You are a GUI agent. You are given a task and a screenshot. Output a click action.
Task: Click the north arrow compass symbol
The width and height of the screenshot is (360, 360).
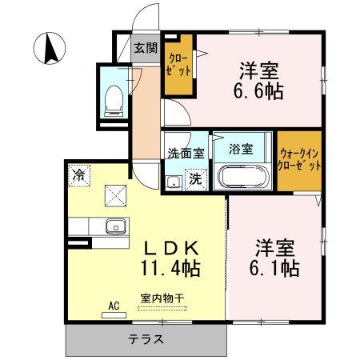point(50,48)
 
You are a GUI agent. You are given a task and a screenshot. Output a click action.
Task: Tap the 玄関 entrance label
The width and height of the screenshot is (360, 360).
point(146,48)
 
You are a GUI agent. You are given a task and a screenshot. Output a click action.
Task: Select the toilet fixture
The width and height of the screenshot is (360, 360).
point(114,101)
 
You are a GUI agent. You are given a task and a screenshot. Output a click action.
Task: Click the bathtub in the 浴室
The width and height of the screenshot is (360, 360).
point(242,177)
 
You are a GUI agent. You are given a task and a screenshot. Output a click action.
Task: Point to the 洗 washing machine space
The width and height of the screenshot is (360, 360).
point(196,179)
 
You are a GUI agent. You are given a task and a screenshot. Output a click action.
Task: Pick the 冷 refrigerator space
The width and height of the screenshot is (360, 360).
point(79,175)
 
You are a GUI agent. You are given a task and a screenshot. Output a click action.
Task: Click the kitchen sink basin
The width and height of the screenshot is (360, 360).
point(116,226)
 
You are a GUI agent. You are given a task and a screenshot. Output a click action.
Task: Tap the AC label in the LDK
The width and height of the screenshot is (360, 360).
point(114,306)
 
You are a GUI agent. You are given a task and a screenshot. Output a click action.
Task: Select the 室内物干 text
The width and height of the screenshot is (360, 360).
point(162,298)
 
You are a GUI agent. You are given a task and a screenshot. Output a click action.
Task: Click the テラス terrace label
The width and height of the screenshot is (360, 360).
point(146,339)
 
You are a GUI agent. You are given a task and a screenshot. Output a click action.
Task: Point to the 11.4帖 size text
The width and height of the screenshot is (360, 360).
point(170,268)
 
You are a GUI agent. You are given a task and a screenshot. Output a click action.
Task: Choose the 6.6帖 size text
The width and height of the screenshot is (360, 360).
point(258,91)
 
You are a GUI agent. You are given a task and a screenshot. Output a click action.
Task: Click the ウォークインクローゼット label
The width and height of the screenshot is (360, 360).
point(299,160)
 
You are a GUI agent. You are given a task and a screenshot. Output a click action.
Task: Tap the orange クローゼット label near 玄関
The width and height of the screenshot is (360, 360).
point(178,65)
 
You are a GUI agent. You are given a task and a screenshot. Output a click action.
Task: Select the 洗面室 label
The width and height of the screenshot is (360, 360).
point(186,154)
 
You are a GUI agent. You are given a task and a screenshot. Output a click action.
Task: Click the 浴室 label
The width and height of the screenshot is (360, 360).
point(241,149)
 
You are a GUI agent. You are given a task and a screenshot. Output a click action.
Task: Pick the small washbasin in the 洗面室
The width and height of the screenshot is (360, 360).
point(174,183)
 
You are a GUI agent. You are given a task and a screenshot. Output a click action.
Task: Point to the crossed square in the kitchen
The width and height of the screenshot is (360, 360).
point(115,196)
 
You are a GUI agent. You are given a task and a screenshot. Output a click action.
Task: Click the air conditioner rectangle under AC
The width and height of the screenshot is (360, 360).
point(114,315)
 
